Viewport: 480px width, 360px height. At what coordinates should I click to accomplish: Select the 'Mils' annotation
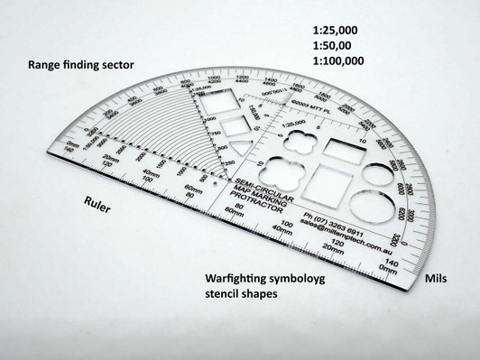(x=438, y=280)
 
